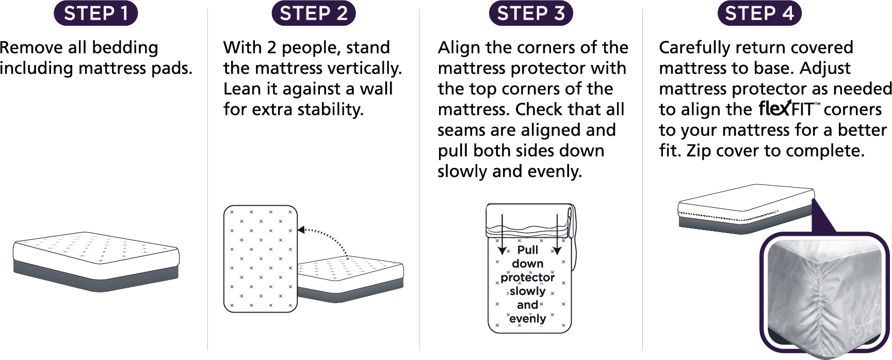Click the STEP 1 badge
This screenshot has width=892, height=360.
coord(96,13)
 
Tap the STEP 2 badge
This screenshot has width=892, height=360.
coord(313,13)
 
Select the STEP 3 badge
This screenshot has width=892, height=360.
coord(530,13)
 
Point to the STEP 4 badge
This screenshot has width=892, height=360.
coord(759,13)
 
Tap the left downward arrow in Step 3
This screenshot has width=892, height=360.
coord(502,235)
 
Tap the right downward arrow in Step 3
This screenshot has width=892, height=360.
coord(557,235)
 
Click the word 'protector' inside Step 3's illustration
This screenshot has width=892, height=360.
coord(527,277)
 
